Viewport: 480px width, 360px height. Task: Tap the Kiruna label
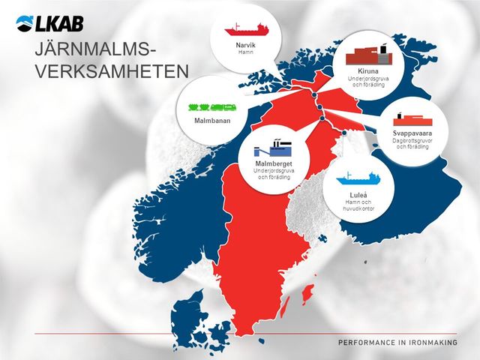point(367,72)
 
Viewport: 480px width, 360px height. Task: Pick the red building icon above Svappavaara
point(412,119)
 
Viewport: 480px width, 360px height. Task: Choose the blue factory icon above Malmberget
point(273,147)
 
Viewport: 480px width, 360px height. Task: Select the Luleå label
point(358,195)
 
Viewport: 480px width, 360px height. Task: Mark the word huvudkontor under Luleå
point(358,208)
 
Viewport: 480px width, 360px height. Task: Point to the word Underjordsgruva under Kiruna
point(367,79)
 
